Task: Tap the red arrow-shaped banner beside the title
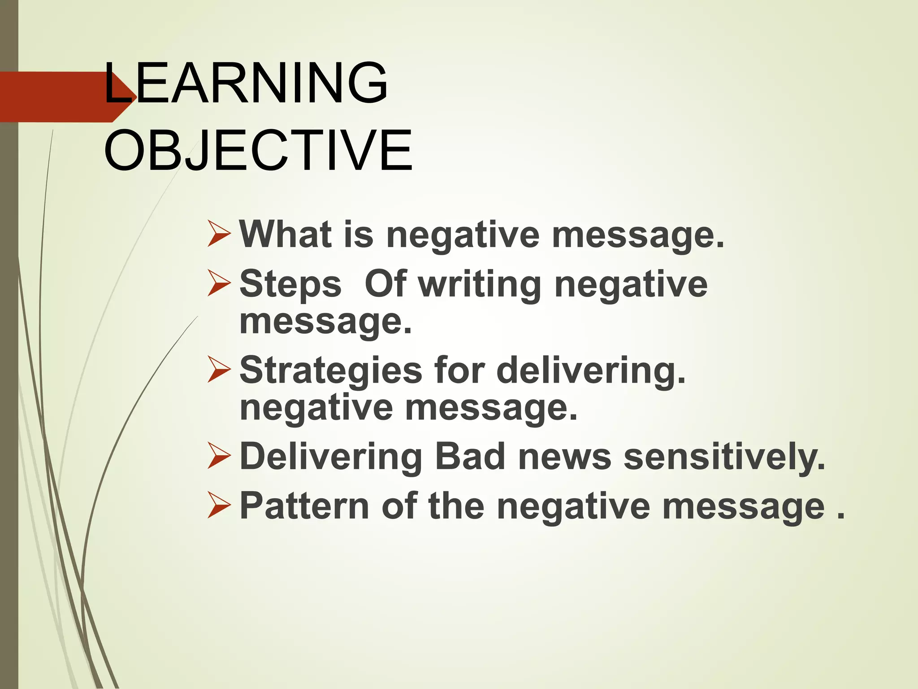(x=58, y=96)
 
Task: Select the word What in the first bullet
(x=286, y=234)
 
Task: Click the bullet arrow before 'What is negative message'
(x=219, y=235)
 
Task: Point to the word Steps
(x=290, y=284)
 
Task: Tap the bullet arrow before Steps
(x=219, y=284)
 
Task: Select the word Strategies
(x=331, y=371)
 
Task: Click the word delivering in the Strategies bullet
(x=591, y=371)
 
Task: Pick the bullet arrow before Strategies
(x=219, y=371)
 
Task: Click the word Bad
(x=470, y=457)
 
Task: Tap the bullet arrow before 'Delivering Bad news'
(x=219, y=457)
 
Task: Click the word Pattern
(x=304, y=506)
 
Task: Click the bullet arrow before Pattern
(x=219, y=506)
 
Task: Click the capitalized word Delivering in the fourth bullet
(x=331, y=457)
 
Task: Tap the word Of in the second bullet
(x=386, y=283)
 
